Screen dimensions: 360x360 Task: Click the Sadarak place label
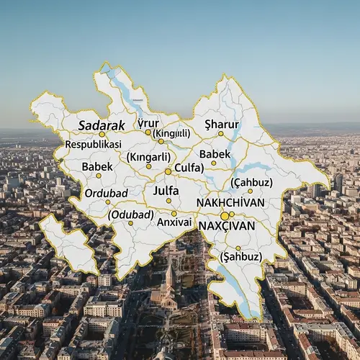pyautogui.click(x=102, y=125)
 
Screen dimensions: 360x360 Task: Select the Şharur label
pyautogui.click(x=221, y=125)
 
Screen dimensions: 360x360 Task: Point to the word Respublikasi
pyautogui.click(x=93, y=144)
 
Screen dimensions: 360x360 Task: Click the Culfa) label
pyautogui.click(x=189, y=168)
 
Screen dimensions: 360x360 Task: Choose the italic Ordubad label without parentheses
pyautogui.click(x=106, y=193)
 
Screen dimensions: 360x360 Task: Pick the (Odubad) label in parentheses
pyautogui.click(x=130, y=215)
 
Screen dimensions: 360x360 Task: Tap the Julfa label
pyautogui.click(x=166, y=190)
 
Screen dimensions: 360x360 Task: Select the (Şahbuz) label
pyautogui.click(x=240, y=256)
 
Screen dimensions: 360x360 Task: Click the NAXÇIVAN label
pyautogui.click(x=227, y=225)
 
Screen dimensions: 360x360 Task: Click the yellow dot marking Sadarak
pyautogui.click(x=102, y=134)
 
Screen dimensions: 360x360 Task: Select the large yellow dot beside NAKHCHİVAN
pyautogui.click(x=225, y=215)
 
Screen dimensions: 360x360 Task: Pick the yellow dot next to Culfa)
pyautogui.click(x=168, y=171)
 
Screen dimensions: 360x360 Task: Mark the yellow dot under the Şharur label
pyautogui.click(x=220, y=134)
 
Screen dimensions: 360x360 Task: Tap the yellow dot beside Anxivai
pyautogui.click(x=174, y=213)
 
